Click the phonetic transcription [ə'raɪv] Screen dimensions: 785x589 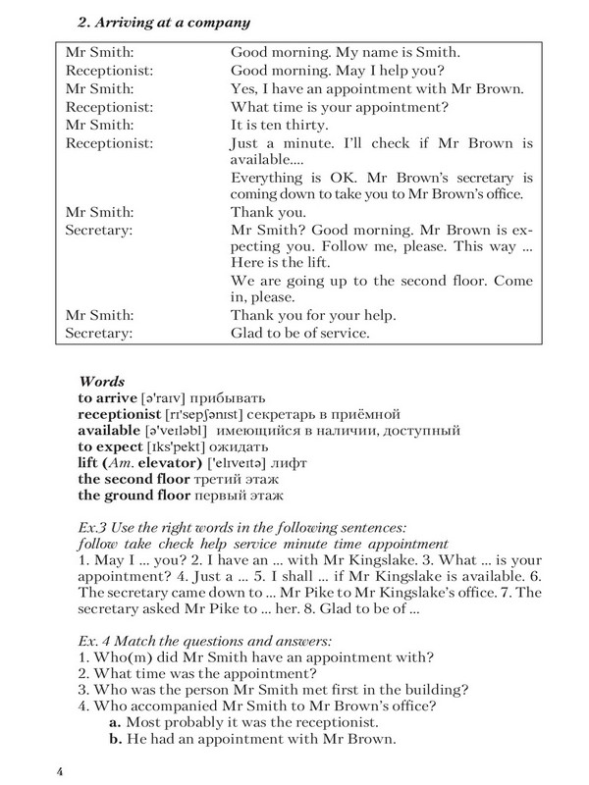click(x=172, y=397)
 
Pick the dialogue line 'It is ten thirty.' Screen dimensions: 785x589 click(x=283, y=125)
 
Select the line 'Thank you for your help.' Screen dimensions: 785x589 click(x=312, y=316)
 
